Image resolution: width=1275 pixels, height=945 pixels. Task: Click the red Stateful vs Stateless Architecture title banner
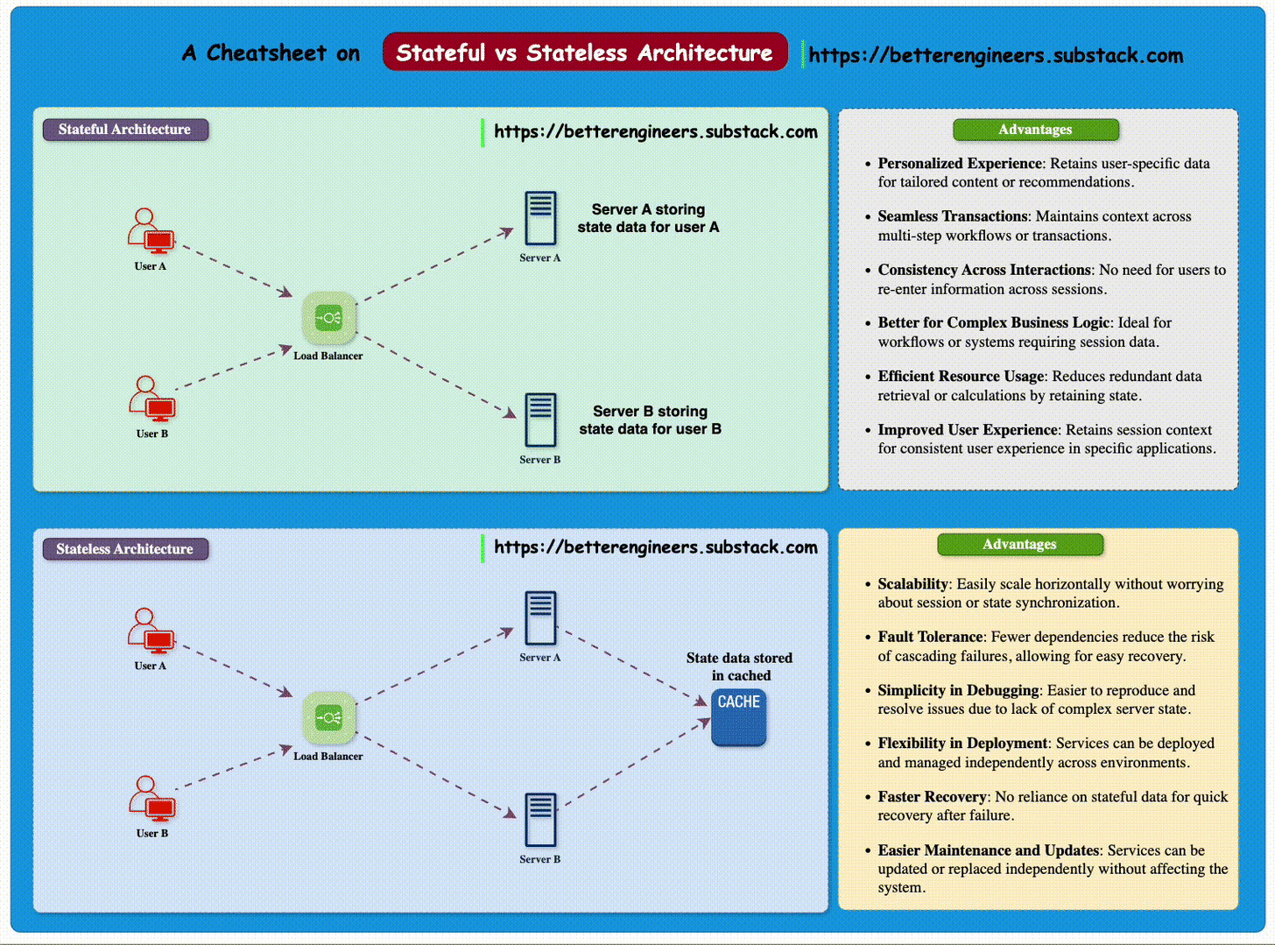click(x=585, y=52)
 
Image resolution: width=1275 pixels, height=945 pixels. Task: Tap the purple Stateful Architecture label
click(x=125, y=130)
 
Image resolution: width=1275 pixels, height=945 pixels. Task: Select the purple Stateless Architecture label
click(x=125, y=549)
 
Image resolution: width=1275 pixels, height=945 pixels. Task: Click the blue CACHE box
click(x=739, y=716)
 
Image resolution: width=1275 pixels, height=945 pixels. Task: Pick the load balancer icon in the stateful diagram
click(x=329, y=318)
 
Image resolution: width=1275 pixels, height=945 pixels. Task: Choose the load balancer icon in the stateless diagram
click(x=329, y=718)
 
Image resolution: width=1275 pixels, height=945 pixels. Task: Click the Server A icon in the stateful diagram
click(x=540, y=219)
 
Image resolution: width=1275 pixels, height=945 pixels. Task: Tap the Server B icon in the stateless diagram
click(x=540, y=820)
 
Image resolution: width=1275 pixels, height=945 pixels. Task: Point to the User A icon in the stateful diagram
click(x=151, y=230)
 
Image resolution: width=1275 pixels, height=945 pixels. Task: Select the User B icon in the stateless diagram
click(x=152, y=799)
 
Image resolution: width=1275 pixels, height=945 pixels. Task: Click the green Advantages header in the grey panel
click(x=1036, y=130)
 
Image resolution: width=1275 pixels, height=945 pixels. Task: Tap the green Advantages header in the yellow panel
click(x=1020, y=544)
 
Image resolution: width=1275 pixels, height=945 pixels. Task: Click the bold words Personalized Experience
click(x=960, y=164)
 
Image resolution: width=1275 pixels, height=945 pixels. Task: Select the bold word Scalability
click(x=912, y=584)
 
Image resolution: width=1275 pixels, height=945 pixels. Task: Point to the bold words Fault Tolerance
click(x=930, y=637)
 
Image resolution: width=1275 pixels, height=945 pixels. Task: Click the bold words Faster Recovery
click(x=932, y=797)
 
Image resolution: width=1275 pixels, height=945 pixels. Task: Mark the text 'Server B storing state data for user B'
click(x=650, y=420)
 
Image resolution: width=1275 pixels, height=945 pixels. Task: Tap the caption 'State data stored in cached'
click(x=740, y=666)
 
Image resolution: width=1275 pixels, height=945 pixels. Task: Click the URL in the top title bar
click(x=996, y=55)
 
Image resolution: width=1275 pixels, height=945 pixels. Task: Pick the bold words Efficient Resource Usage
click(x=962, y=376)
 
